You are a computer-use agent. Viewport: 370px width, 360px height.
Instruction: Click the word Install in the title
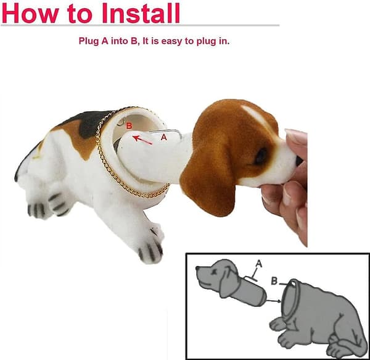pos(141,13)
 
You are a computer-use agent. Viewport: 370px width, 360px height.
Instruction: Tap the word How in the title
pos(30,13)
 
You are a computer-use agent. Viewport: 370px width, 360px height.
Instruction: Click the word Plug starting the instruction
pos(89,41)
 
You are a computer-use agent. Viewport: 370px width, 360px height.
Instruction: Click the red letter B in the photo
pos(129,126)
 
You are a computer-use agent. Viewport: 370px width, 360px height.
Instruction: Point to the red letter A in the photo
pos(163,137)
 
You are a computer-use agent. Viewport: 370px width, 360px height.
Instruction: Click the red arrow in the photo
pos(142,140)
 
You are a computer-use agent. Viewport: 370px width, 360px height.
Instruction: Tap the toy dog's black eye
pos(261,155)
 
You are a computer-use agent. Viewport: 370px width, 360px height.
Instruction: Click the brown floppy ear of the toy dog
pos(208,182)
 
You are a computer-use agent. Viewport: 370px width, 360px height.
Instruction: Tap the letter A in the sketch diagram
pos(259,264)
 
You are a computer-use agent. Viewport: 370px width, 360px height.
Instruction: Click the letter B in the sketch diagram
pos(274,281)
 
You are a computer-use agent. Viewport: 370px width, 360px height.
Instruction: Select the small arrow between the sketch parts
pos(274,301)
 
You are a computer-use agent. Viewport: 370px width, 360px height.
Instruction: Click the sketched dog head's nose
pos(198,269)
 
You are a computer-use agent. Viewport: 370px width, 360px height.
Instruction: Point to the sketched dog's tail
pos(354,340)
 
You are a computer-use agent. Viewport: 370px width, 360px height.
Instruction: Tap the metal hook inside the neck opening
pos(121,122)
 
